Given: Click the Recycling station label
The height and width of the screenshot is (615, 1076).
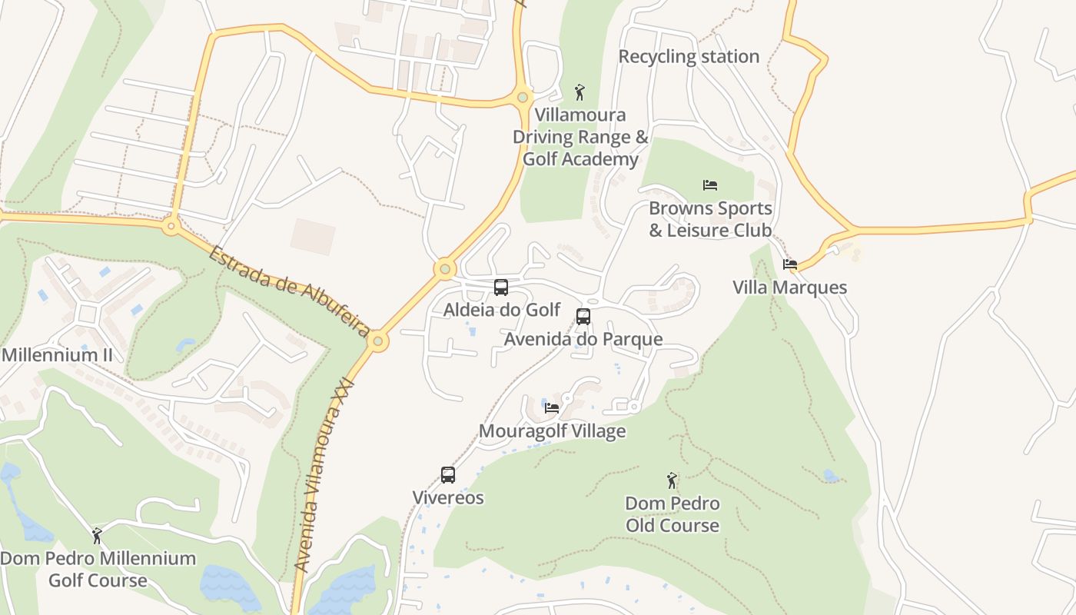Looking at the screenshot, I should (x=689, y=56).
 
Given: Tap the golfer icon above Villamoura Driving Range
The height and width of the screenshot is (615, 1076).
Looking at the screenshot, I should (x=580, y=92).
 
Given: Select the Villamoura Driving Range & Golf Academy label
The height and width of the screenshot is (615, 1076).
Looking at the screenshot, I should (x=581, y=137).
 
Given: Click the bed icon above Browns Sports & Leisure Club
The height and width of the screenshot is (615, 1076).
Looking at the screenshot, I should (x=710, y=185).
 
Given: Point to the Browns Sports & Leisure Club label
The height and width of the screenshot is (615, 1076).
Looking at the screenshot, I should (x=710, y=219).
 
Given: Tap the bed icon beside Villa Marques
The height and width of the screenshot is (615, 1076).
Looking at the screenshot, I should (x=790, y=264).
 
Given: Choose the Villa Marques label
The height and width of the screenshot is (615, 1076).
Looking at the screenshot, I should (x=789, y=288).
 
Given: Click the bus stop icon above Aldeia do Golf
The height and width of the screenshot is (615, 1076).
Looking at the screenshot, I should (x=501, y=288).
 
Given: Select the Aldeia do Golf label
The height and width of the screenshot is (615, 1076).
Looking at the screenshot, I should (x=502, y=310).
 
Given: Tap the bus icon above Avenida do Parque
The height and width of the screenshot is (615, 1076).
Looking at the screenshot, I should (x=583, y=316).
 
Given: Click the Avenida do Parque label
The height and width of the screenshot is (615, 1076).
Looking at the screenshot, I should (x=583, y=339).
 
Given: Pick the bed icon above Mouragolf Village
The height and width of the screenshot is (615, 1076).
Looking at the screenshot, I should (x=552, y=408).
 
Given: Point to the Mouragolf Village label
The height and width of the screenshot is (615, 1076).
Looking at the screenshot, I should (x=552, y=431).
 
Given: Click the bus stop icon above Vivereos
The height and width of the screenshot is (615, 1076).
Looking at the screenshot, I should (x=448, y=475).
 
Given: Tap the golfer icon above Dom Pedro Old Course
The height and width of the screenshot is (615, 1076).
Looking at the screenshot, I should (x=672, y=480).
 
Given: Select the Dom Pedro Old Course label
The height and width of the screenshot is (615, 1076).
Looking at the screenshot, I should (x=672, y=514).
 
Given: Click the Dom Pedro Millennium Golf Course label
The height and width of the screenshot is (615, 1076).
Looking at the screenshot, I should (x=98, y=569).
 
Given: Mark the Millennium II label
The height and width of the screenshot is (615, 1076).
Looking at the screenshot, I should (x=57, y=355).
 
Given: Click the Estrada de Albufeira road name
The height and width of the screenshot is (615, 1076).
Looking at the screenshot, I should (x=289, y=291).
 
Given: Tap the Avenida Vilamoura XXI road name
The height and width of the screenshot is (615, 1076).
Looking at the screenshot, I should (x=324, y=474).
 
